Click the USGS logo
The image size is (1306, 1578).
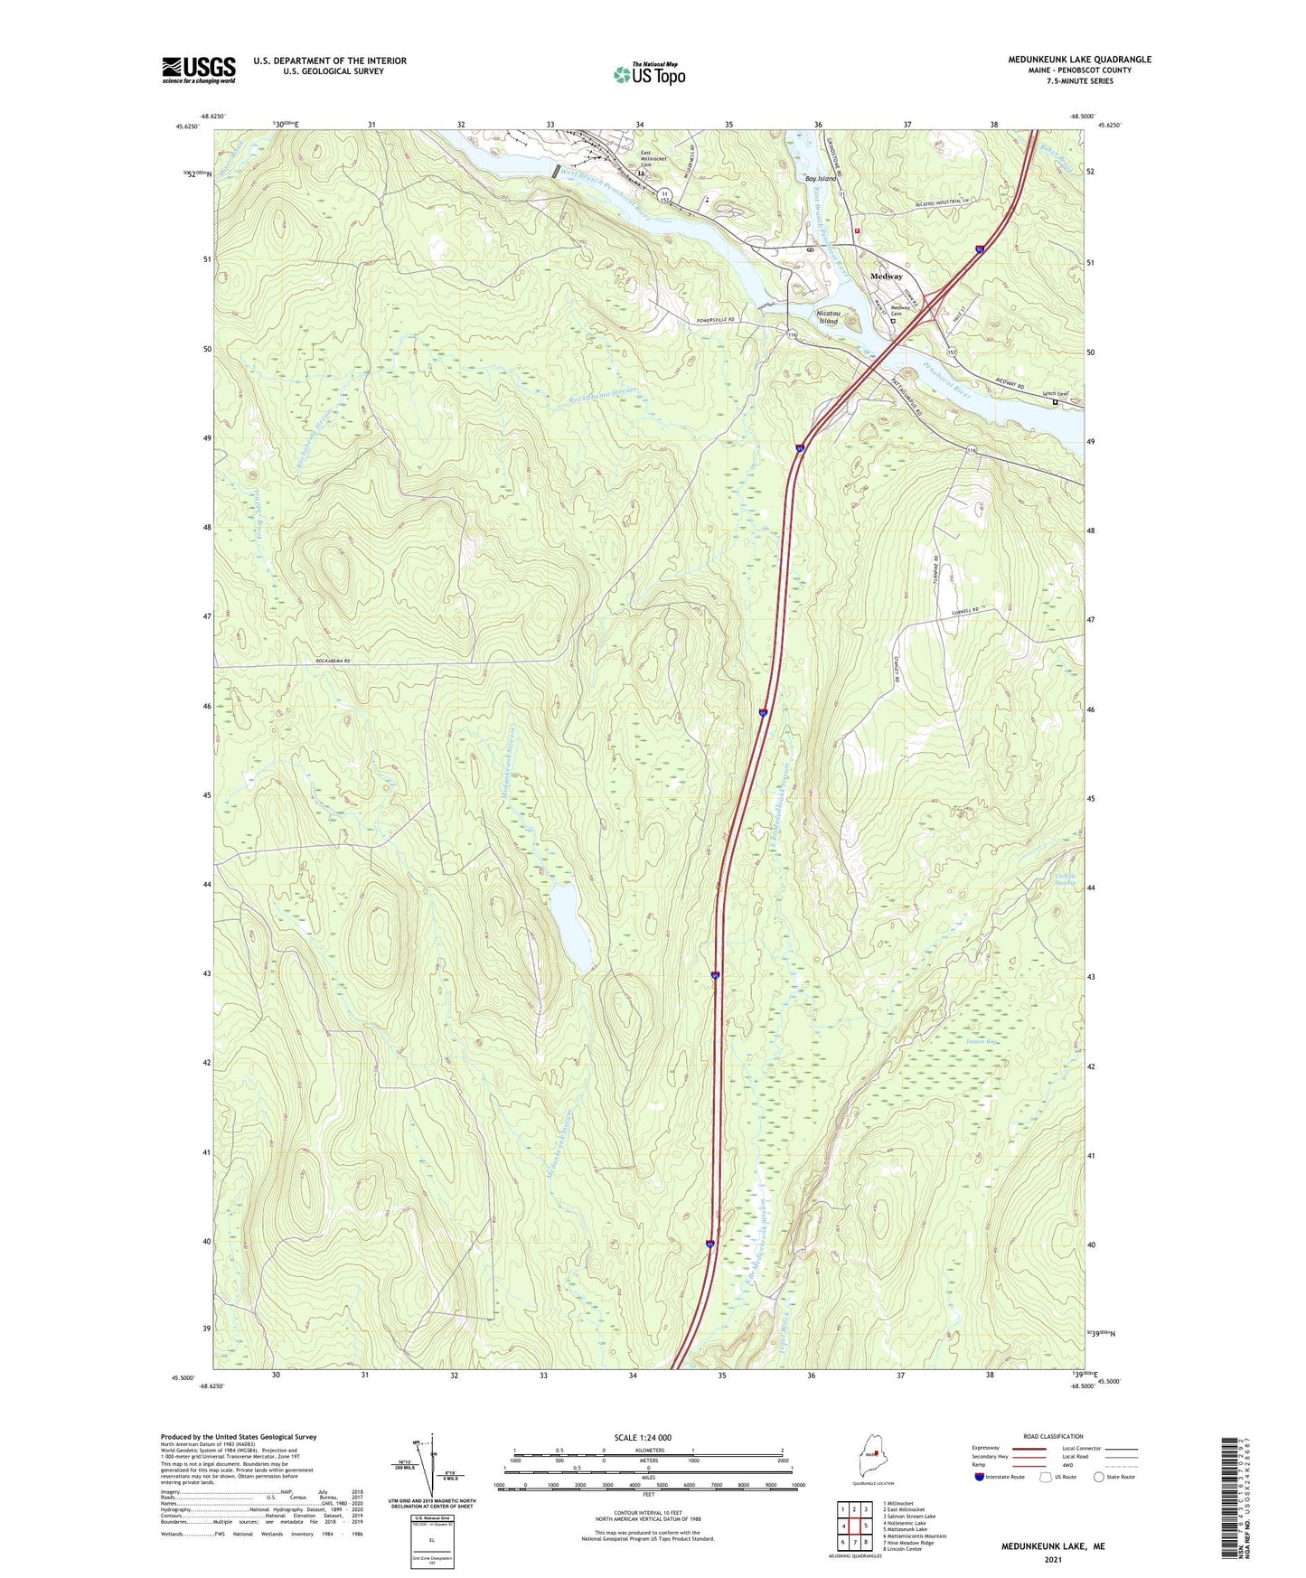tap(198, 70)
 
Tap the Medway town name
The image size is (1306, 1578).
tap(886, 277)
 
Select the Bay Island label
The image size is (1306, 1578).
tap(821, 179)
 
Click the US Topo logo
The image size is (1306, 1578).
tap(649, 74)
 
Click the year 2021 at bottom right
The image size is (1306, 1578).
tap(1052, 1559)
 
